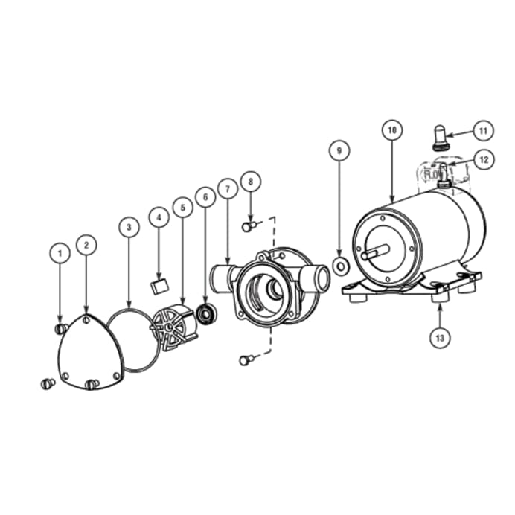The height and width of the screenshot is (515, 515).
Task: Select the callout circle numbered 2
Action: (x=87, y=244)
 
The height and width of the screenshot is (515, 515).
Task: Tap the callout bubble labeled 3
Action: (x=129, y=226)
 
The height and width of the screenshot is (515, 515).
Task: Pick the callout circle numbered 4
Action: (x=159, y=218)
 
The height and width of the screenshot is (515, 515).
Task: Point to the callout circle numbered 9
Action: (x=339, y=151)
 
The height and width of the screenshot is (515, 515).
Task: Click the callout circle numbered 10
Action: (x=391, y=130)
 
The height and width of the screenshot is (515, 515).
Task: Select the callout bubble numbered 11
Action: (x=482, y=131)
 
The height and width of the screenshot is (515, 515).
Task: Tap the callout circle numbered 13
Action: (x=439, y=337)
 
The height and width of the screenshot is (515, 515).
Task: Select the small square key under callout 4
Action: (x=159, y=286)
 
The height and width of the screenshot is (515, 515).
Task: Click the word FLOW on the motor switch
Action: (x=432, y=175)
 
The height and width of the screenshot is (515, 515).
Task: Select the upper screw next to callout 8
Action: (x=249, y=226)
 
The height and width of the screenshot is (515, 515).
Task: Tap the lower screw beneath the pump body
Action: (x=246, y=360)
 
